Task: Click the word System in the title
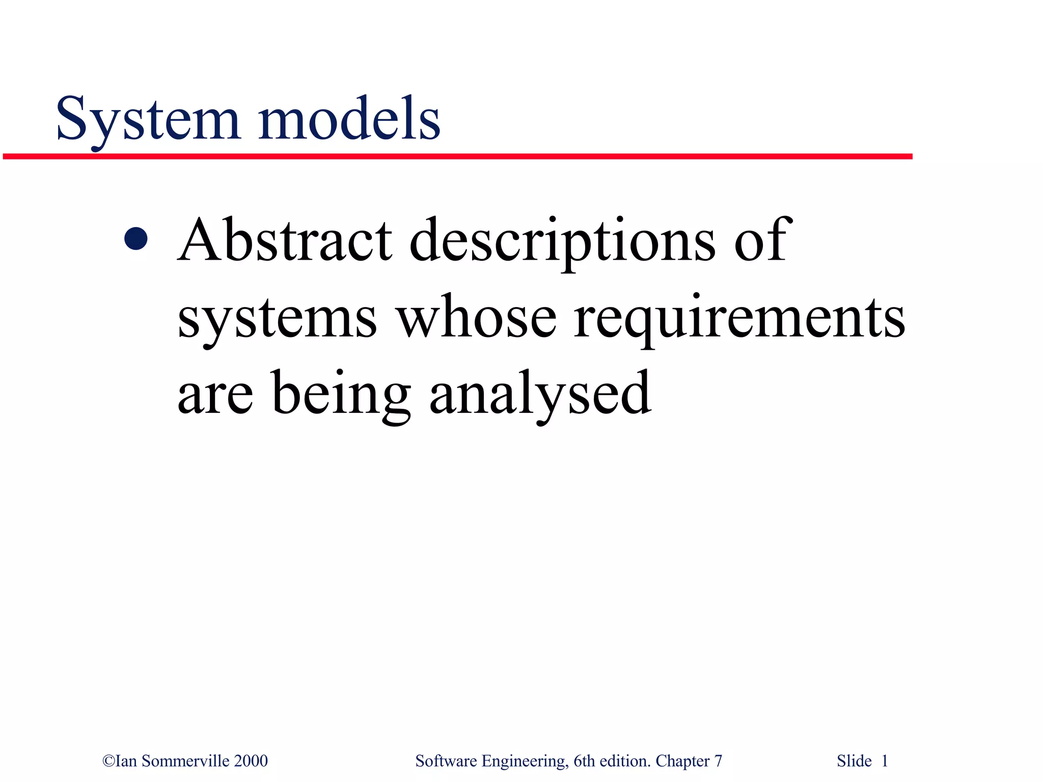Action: (148, 120)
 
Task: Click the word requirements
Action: (739, 319)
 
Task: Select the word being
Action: (341, 395)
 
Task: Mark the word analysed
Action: (540, 395)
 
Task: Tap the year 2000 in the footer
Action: (251, 761)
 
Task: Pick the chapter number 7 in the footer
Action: (718, 761)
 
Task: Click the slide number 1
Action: (885, 761)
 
